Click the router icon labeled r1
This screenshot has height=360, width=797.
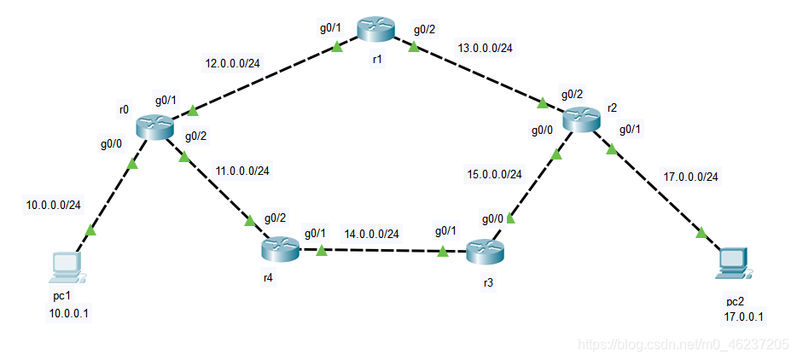coord(375,29)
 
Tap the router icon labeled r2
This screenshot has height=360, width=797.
coord(581,119)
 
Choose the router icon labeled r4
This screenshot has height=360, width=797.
coord(281,249)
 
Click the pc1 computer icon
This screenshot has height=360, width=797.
coord(66,267)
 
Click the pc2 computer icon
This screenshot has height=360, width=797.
coord(733,263)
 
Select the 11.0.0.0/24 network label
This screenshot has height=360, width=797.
coord(241,171)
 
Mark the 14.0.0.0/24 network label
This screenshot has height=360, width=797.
coord(371,233)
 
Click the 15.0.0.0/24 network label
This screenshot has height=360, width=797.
coord(494,174)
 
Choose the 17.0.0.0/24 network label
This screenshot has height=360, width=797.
coord(690,177)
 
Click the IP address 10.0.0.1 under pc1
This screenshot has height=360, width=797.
coord(69,313)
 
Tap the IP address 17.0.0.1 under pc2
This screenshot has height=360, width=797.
coord(743,317)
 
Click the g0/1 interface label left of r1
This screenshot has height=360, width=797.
coord(330,28)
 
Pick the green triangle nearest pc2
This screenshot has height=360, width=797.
coord(701,233)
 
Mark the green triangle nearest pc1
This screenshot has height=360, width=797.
coord(91,229)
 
